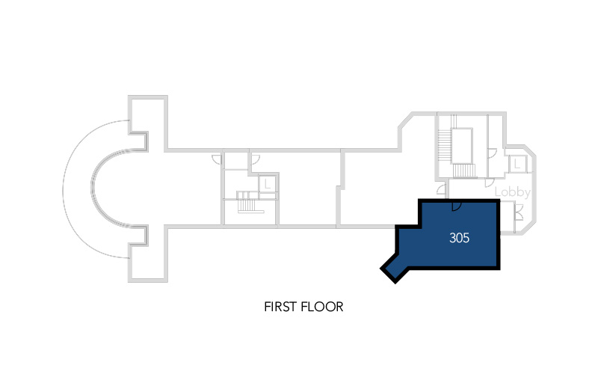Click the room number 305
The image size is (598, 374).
(x=459, y=238)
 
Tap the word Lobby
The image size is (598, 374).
(x=512, y=192)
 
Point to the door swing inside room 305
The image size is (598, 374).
(x=457, y=206)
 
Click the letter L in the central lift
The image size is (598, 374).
(x=268, y=185)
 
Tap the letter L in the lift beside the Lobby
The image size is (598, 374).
(x=517, y=165)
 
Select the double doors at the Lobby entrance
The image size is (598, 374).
(x=518, y=213)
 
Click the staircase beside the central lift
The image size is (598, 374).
(x=247, y=201)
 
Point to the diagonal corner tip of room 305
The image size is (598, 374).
(x=395, y=283)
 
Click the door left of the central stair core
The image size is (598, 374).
(x=217, y=159)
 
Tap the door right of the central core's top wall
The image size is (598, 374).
(x=255, y=159)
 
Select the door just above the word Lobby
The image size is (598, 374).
(x=490, y=183)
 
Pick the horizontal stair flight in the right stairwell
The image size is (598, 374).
(x=464, y=171)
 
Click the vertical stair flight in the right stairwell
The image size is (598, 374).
(x=444, y=147)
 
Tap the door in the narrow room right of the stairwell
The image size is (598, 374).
(x=493, y=153)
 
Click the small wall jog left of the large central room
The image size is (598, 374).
(x=340, y=188)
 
